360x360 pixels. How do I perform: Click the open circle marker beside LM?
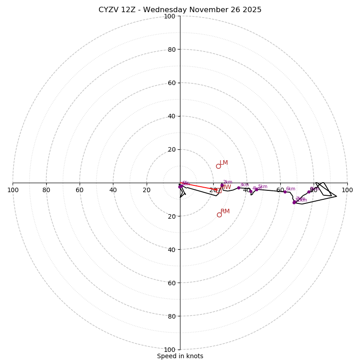point(218,166)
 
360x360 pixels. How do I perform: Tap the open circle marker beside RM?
point(219,215)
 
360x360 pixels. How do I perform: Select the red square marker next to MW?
point(219,191)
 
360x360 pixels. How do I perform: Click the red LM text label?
point(224,163)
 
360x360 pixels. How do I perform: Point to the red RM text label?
point(225,211)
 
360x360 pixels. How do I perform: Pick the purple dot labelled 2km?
point(222,185)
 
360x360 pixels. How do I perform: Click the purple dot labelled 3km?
point(238,188)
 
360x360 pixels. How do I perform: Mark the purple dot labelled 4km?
point(251,191)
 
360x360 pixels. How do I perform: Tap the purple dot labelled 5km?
point(256,189)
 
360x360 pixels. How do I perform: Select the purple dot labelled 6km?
point(285,192)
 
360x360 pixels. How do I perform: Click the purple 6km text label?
point(291,189)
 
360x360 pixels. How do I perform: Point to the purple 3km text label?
point(244,184)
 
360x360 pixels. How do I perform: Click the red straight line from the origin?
point(198,187)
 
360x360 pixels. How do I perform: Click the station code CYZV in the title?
point(109,10)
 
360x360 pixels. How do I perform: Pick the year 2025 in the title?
point(252,10)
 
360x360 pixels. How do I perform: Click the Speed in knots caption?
point(180,356)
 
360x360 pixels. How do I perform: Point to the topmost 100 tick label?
point(169,17)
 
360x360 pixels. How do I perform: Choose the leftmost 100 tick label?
point(13,190)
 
